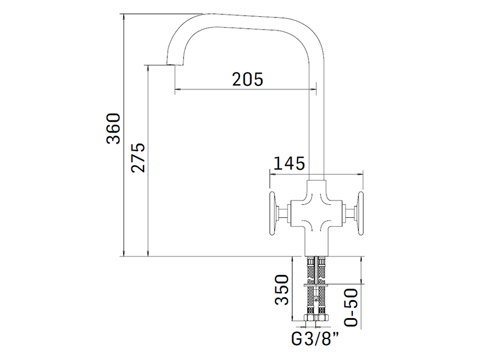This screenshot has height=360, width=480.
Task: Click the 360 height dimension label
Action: [113, 128]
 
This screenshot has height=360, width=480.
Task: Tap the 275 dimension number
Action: [138, 157]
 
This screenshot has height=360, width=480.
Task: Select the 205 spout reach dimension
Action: [248, 79]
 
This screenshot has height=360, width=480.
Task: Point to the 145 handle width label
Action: [289, 163]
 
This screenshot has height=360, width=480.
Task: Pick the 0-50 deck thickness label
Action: [351, 307]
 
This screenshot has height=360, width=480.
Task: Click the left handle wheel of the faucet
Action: [272, 214]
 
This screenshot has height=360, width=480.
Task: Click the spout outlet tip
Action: [175, 65]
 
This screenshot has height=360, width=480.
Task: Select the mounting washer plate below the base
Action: [316, 285]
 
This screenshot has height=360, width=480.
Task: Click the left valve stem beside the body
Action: [284, 214]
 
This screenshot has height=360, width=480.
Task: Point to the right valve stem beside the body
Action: [349, 214]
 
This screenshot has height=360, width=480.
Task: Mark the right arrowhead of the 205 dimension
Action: [313, 89]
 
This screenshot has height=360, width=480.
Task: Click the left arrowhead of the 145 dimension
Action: [273, 175]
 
